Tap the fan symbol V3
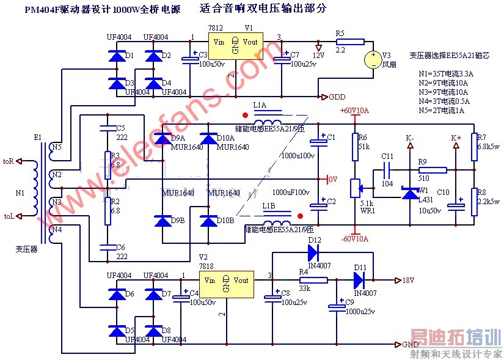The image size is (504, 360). (x=373, y=59)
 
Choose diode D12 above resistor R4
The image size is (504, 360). (x=313, y=249)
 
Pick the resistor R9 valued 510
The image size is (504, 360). (x=432, y=170)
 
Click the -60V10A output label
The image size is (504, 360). (x=354, y=238)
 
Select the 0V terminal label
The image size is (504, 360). (x=332, y=180)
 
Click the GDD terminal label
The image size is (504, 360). (x=337, y=97)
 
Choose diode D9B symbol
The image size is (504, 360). (x=163, y=221)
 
